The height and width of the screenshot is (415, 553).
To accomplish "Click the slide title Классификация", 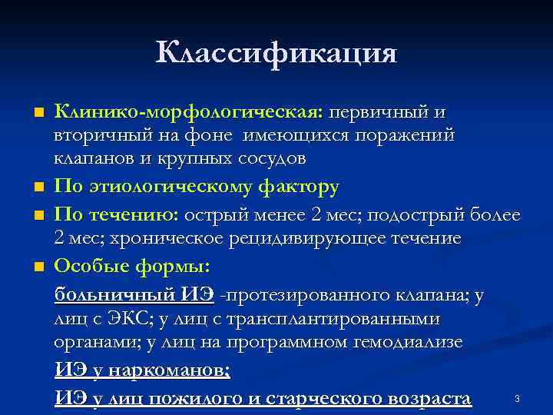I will pyautogui.click(x=276, y=53).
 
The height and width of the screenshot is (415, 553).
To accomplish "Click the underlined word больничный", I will pyautogui.click(x=115, y=296).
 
